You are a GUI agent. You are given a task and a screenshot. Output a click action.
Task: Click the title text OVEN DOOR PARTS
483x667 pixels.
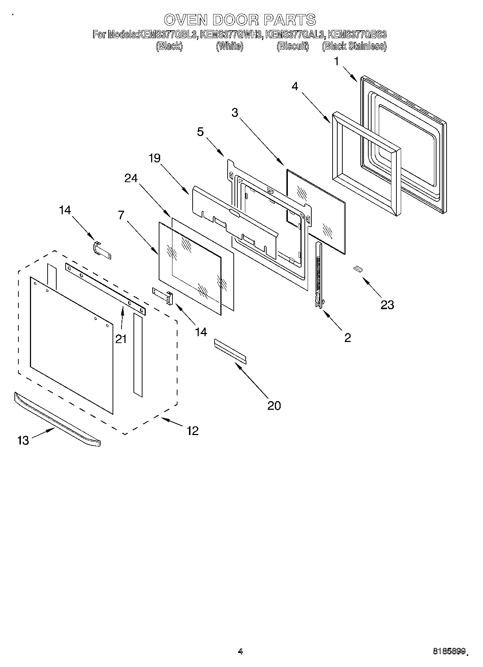tap(240, 20)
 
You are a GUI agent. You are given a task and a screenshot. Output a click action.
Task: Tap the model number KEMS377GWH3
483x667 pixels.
tap(232, 35)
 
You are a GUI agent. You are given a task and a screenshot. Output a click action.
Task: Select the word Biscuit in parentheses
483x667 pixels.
tap(293, 46)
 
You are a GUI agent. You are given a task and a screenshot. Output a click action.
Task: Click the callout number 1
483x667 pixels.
tap(336, 62)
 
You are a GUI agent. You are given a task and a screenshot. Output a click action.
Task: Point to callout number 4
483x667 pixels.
tap(295, 87)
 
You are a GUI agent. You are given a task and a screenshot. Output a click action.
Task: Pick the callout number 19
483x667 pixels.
tap(154, 158)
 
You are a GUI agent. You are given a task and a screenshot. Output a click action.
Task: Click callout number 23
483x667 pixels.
tap(387, 305)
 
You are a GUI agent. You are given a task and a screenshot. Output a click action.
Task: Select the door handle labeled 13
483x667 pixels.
tap(58, 420)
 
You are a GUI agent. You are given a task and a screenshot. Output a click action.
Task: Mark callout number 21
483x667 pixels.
tap(121, 338)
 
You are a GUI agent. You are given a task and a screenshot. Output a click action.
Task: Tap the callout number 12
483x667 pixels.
tap(193, 430)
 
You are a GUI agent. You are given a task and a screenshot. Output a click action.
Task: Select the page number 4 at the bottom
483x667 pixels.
tap(241, 651)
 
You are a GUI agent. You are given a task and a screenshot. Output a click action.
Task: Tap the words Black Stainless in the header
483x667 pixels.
tap(354, 46)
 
